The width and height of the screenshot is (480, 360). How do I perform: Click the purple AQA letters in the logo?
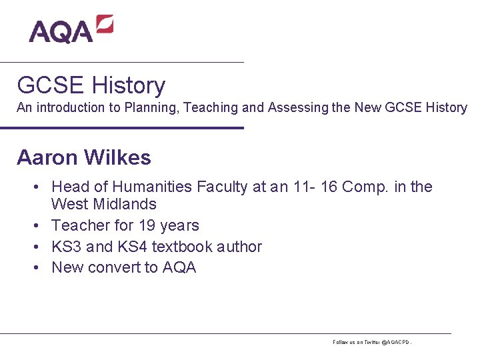[x=60, y=31]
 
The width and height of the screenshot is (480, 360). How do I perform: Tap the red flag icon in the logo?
[x=104, y=25]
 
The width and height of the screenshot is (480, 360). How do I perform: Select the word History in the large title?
[x=129, y=85]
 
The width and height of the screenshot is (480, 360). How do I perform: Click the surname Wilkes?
[x=118, y=157]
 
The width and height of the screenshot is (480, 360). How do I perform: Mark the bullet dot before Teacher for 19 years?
[x=40, y=225]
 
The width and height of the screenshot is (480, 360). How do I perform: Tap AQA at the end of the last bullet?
[x=179, y=268]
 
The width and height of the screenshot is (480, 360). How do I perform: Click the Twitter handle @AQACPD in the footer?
[x=395, y=342]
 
